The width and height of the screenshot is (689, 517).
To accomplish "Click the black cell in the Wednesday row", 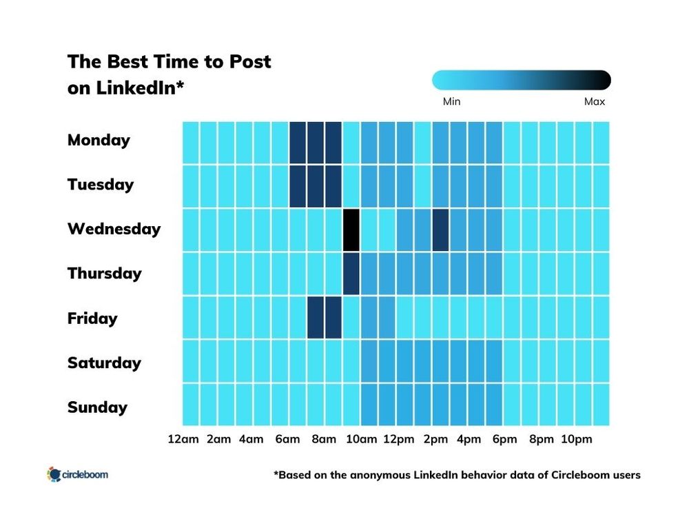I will click(351, 230).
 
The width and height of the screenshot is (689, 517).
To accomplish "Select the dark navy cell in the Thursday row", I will click(351, 274).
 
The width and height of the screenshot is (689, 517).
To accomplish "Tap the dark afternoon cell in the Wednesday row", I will click(441, 230).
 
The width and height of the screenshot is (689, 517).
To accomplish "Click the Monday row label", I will click(99, 140).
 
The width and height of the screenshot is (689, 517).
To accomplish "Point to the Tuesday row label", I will click(100, 185).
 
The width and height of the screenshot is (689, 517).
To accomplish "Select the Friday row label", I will click(92, 318).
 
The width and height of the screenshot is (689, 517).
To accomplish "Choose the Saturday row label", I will click(104, 363).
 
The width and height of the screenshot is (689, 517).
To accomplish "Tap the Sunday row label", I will click(97, 407).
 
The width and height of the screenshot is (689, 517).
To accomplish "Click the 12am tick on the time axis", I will click(182, 440).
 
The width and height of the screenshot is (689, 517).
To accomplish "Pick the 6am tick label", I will click(287, 440).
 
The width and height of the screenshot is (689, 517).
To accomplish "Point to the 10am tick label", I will click(360, 440).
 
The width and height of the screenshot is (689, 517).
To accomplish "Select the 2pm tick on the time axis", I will click(435, 440).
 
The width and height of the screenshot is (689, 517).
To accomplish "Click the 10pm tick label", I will click(576, 440).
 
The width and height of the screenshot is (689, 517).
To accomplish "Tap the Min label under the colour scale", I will click(451, 102).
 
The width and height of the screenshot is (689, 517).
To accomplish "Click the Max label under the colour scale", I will click(594, 102).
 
